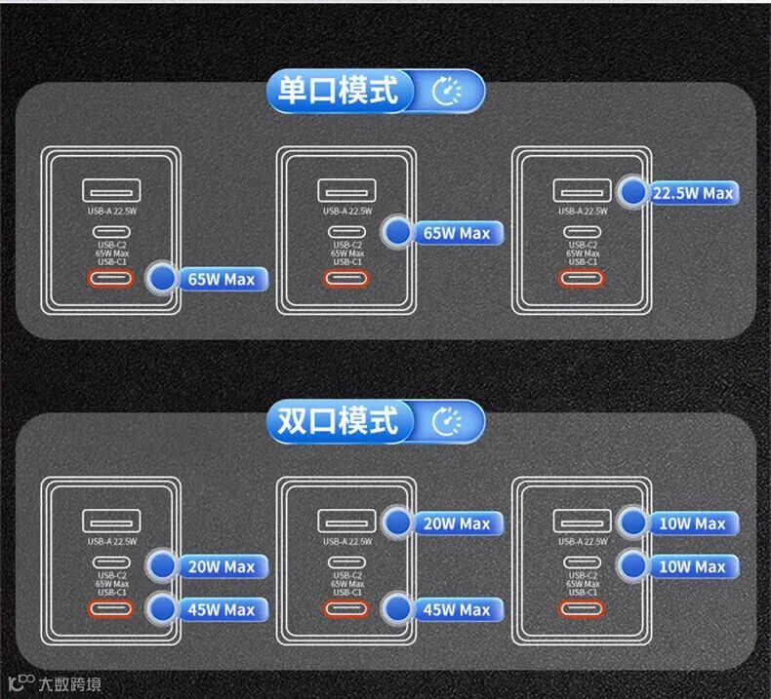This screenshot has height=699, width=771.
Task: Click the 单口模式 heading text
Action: (338, 91)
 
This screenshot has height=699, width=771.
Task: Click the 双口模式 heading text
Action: (338, 421)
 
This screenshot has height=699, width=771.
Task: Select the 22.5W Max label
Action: (692, 193)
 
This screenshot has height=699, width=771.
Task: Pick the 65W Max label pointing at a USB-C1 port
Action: (221, 280)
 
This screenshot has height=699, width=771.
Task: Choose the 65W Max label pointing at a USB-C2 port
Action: (456, 233)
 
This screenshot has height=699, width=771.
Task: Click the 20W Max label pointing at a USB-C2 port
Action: (221, 566)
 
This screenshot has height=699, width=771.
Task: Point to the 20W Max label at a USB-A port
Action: (456, 524)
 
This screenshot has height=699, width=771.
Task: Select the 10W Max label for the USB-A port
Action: (692, 524)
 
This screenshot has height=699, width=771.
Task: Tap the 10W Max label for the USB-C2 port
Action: (692, 566)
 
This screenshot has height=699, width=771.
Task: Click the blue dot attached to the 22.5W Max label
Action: (634, 192)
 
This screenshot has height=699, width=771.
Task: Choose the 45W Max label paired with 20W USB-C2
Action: (221, 609)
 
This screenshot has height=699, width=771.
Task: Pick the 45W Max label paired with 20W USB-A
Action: (456, 609)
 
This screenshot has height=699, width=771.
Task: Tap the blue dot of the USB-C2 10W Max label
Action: (634, 565)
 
